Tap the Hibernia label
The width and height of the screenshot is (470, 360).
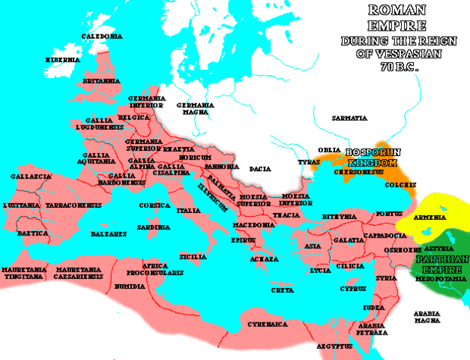tap(62, 58)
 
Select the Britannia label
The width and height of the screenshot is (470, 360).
tap(101, 79)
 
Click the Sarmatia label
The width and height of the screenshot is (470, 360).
tap(350, 118)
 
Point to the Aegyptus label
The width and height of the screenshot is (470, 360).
tap(334, 347)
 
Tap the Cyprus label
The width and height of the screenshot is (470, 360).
tap(352, 288)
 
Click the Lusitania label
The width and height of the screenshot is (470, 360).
tap(27, 205)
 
